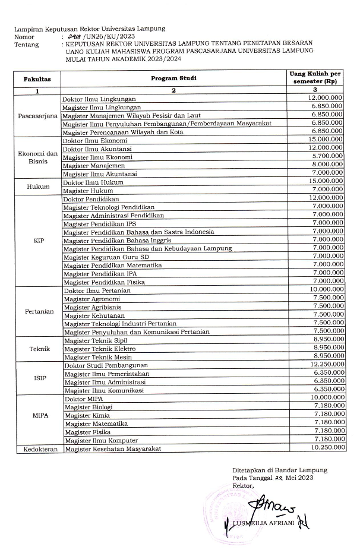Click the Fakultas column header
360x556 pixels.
[x=37, y=78]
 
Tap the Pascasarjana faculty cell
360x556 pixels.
[x=37, y=115]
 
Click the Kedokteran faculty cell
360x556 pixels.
[x=37, y=449]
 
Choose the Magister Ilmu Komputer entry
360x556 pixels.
[x=102, y=440]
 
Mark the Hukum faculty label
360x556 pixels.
[x=37, y=186]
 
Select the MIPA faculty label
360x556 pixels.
[x=37, y=415]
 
